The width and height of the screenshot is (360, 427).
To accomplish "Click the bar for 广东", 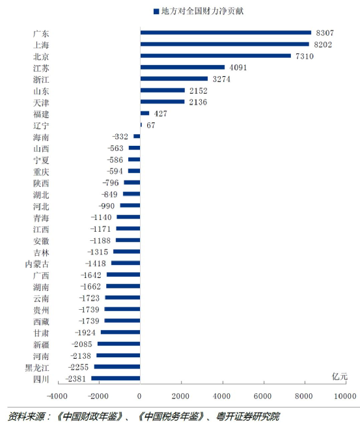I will pyautogui.click(x=225, y=33).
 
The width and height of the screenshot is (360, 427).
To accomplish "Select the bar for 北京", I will pyautogui.click(x=215, y=55).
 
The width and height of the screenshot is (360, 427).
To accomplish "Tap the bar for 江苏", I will pyautogui.click(x=182, y=67).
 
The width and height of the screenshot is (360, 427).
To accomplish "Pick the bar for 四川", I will pyautogui.click(x=115, y=378).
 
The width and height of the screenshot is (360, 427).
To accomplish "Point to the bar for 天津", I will pyautogui.click(x=162, y=102).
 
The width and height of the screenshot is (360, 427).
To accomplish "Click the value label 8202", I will pyautogui.click(x=323, y=44).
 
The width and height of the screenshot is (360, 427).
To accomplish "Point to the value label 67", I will pyautogui.click(x=151, y=124).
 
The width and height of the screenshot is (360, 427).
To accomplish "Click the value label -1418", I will pyautogui.click(x=97, y=263).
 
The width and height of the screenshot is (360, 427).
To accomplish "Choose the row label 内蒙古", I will pyautogui.click(x=36, y=264).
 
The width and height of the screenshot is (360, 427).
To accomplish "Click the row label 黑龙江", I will pyautogui.click(x=36, y=367).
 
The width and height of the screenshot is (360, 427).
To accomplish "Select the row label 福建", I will pyautogui.click(x=40, y=113).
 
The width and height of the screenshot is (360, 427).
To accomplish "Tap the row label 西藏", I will pyautogui.click(x=40, y=321).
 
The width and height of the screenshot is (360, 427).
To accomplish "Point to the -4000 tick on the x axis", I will pyautogui.click(x=57, y=396).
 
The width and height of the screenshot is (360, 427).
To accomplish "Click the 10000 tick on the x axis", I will pyautogui.click(x=345, y=396).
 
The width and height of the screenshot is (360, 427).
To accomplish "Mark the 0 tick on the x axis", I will pyautogui.click(x=140, y=396).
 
